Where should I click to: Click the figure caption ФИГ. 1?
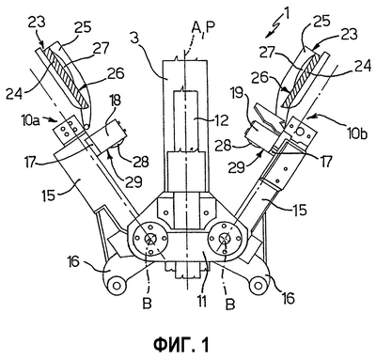pyautogui.click(x=181, y=345)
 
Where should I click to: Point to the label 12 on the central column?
pyautogui.click(x=222, y=119)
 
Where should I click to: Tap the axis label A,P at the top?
pyautogui.click(x=203, y=29)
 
